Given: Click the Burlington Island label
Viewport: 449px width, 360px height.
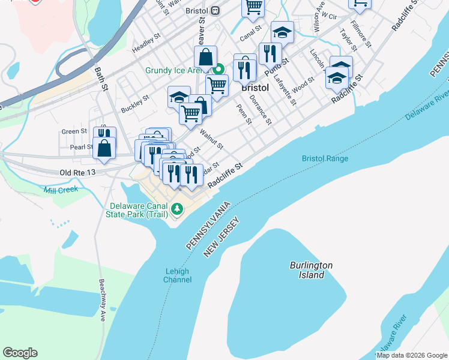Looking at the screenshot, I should (x=311, y=270).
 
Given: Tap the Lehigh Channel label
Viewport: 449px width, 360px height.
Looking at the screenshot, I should (x=177, y=275).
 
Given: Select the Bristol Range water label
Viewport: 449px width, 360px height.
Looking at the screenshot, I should (x=325, y=158).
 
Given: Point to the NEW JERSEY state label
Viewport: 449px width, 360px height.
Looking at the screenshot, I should (x=221, y=238).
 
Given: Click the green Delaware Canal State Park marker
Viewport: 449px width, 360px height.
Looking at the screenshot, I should (x=176, y=209).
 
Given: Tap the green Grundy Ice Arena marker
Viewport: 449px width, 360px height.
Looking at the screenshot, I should (x=220, y=70).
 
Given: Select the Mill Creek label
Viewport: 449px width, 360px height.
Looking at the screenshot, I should (x=61, y=190).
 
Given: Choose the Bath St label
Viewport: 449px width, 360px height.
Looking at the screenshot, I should (x=100, y=79).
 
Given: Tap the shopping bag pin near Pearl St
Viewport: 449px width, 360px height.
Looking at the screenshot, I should (x=104, y=148).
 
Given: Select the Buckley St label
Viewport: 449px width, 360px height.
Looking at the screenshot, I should (x=134, y=104).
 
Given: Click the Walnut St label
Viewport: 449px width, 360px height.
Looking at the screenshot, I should (x=211, y=137).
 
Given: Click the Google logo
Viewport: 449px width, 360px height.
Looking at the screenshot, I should (x=20, y=353).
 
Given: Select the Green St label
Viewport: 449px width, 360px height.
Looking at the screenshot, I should (x=74, y=131).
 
